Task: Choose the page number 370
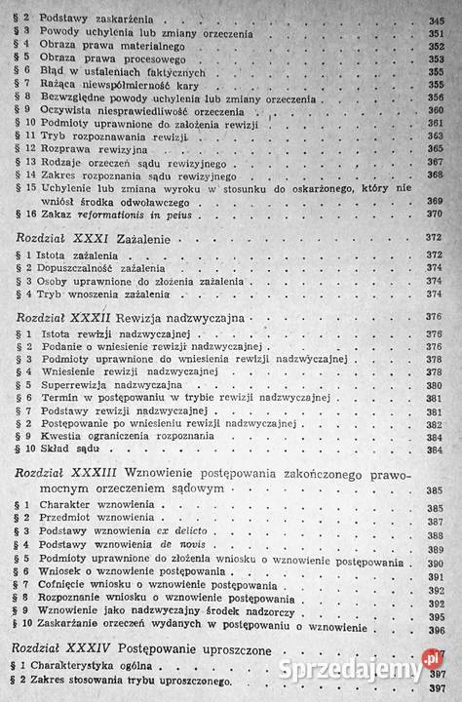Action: coord(435,214)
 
